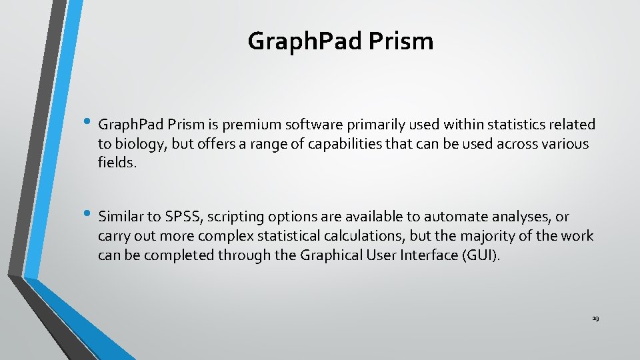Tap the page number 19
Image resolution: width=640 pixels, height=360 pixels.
coord(595,319)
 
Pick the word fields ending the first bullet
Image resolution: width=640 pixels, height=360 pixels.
coord(117,163)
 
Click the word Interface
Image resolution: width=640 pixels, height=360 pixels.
coord(428,255)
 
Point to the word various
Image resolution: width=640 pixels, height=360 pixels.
coord(564,144)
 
